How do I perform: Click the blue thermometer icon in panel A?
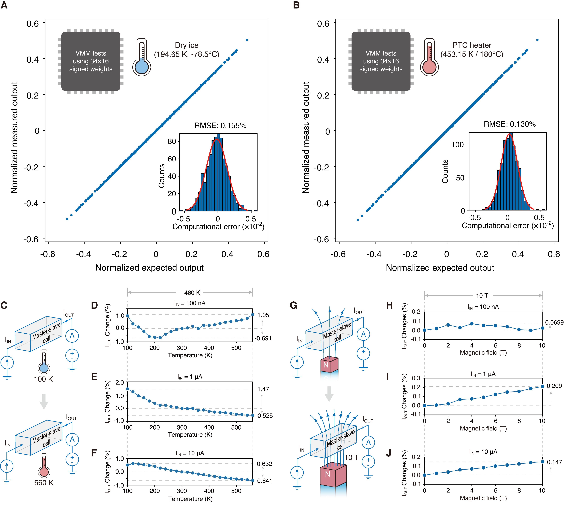tap(141, 57)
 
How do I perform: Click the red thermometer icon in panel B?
tap(429, 57)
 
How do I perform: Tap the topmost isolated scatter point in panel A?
tap(247, 40)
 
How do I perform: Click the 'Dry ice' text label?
tap(187, 45)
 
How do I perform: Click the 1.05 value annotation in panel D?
tap(263, 315)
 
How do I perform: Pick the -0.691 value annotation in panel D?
tap(263, 339)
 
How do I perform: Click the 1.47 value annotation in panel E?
tap(263, 389)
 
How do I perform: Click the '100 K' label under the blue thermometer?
tap(43, 379)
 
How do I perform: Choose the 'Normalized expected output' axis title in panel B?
tap(440, 268)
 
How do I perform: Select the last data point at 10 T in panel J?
tap(542, 462)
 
